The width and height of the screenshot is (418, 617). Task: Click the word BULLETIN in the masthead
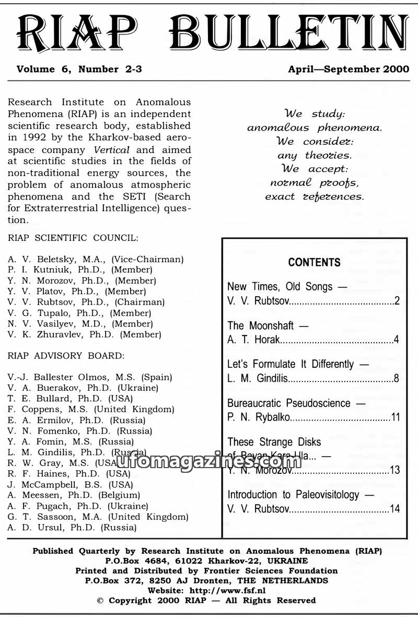click(x=289, y=32)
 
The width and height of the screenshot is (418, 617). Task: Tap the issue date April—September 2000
click(x=349, y=69)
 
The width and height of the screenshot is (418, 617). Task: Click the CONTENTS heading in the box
click(x=314, y=262)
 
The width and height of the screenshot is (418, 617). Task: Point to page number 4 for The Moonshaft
click(x=397, y=340)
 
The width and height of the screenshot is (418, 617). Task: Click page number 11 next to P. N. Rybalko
click(x=395, y=417)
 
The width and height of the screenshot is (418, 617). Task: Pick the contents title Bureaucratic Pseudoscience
click(x=288, y=403)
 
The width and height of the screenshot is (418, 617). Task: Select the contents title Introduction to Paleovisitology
click(x=293, y=494)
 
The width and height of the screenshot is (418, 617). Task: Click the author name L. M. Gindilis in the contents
click(x=257, y=378)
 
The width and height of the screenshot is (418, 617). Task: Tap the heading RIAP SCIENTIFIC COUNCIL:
click(x=73, y=238)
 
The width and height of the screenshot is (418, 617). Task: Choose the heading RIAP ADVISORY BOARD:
click(x=66, y=356)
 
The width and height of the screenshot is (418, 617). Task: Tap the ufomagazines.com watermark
click(x=209, y=461)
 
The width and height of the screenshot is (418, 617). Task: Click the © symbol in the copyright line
click(x=101, y=600)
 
